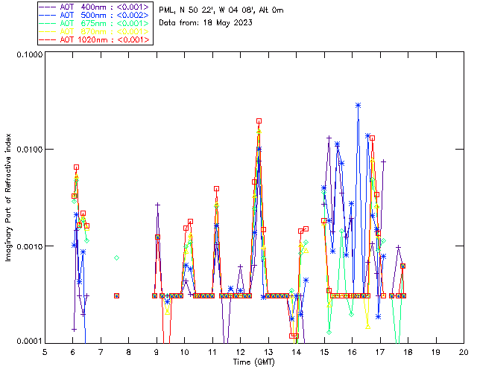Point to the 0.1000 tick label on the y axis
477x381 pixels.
[27, 55]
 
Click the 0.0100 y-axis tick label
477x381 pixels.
[27, 150]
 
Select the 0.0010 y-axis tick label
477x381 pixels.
[27, 246]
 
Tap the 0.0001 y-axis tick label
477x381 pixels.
[27, 341]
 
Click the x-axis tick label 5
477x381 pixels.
[45, 351]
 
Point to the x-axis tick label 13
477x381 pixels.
[268, 351]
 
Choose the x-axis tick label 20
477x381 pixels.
[464, 351]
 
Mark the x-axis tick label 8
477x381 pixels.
[128, 351]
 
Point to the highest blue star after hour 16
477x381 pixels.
[358, 105]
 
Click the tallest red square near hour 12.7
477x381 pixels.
[259, 121]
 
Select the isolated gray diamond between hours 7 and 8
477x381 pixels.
[116, 257]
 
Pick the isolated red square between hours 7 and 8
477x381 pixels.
[116, 295]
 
